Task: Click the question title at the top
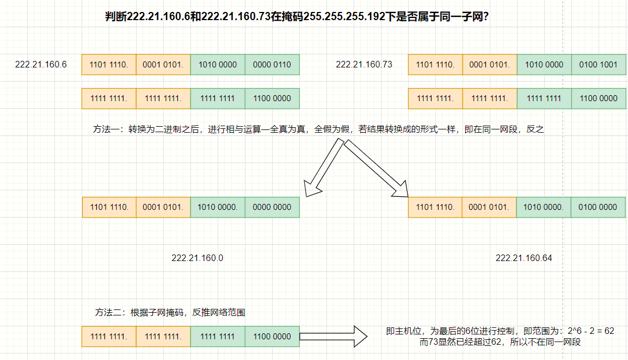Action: [x=296, y=17]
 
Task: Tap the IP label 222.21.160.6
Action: [x=41, y=64]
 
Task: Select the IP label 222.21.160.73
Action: [x=364, y=64]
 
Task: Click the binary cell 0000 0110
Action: [x=272, y=64]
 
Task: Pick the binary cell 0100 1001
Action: [x=599, y=64]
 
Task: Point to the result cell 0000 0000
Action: [x=272, y=207]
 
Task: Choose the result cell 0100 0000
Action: [x=599, y=207]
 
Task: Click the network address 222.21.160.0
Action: [x=197, y=258]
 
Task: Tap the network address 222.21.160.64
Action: [x=524, y=258]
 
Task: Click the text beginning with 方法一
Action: [x=318, y=130]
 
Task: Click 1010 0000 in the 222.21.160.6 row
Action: [x=218, y=64]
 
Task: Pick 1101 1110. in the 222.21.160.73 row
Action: [x=435, y=64]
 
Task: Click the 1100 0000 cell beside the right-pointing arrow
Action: [x=272, y=337]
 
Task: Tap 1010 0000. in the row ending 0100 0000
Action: [x=544, y=207]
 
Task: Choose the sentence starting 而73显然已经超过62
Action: [x=500, y=342]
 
